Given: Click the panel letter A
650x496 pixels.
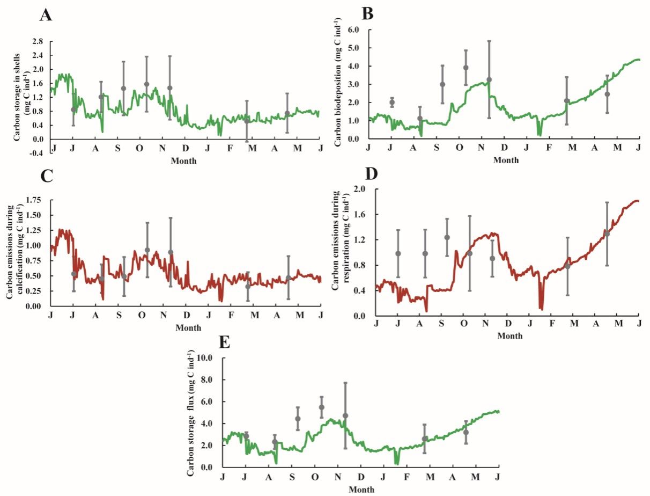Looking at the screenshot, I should (47, 14).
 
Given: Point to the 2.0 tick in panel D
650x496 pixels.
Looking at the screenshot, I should (360, 189).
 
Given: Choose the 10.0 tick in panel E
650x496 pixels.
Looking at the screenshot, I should (205, 358).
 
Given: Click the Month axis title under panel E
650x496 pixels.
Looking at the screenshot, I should (358, 489).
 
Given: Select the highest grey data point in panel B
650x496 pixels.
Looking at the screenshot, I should (466, 68).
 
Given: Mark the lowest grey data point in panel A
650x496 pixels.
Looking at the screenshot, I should (247, 121).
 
